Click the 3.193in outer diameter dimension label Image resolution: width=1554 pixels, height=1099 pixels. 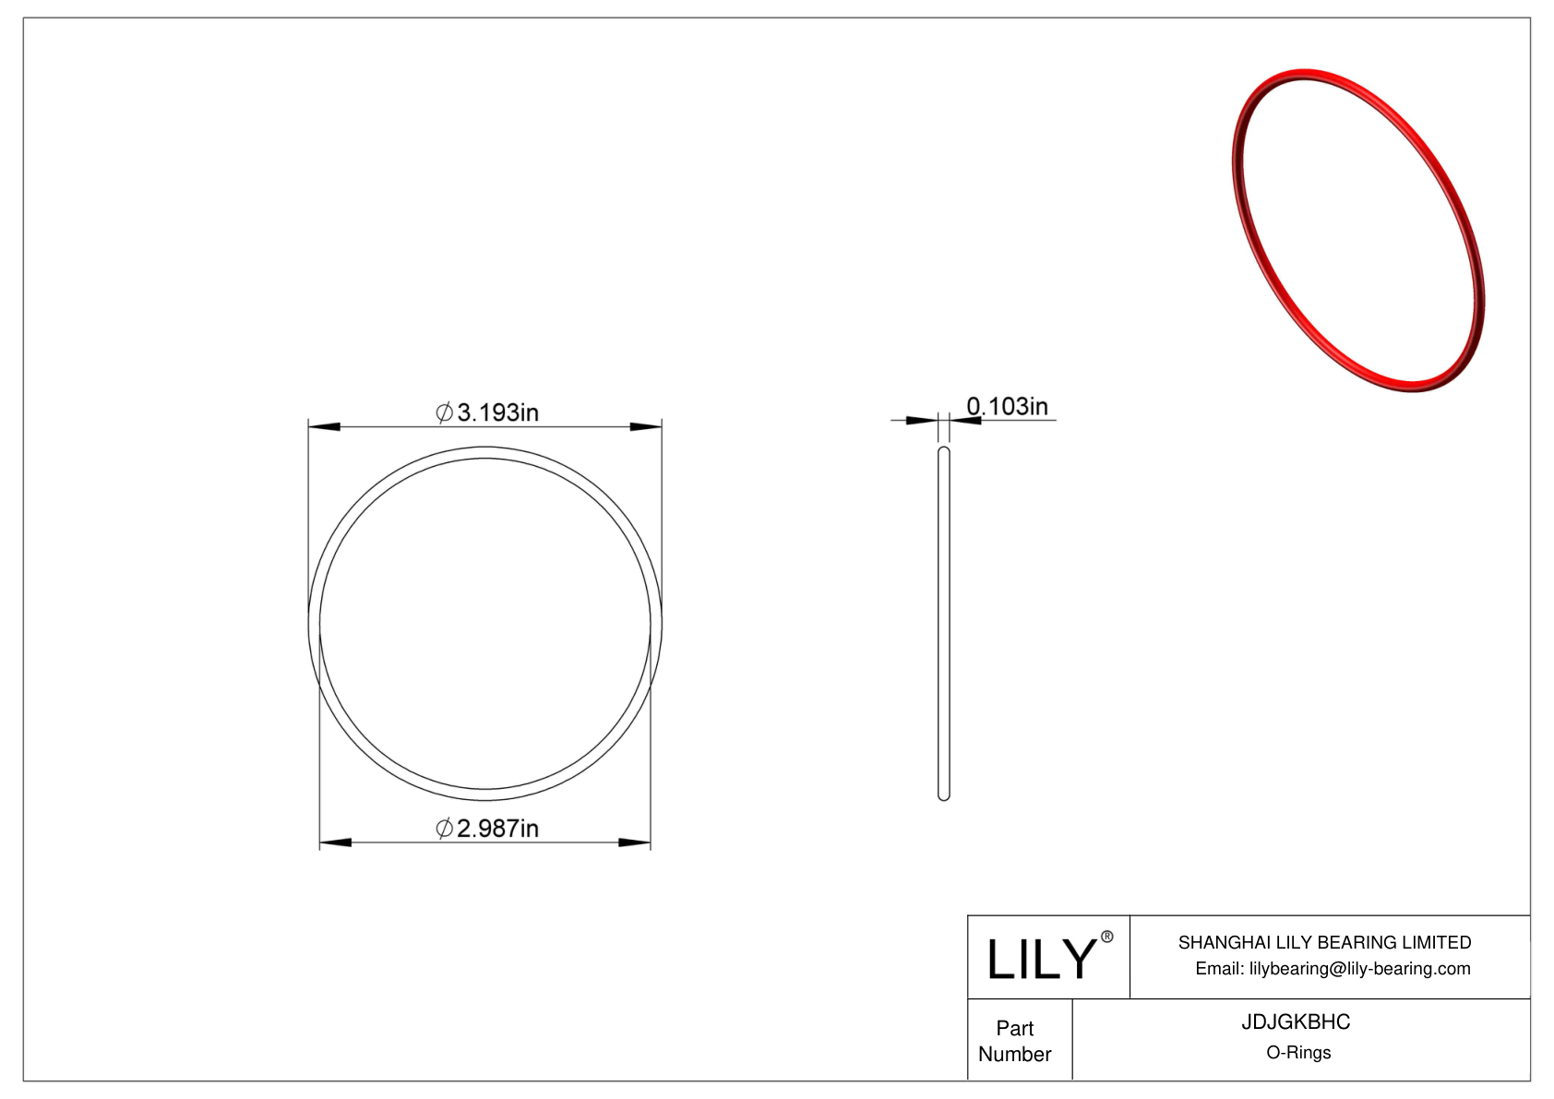487,412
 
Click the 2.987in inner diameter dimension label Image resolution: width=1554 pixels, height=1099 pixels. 487,829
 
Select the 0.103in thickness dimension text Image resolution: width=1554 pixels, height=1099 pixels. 1008,406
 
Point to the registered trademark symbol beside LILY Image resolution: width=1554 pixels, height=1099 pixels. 1107,937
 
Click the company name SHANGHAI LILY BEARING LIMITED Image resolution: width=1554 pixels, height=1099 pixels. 1324,942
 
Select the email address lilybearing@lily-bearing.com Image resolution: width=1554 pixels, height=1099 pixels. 1360,969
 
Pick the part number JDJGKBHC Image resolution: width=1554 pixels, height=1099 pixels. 1296,1022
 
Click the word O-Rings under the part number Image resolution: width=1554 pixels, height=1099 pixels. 1298,1053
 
